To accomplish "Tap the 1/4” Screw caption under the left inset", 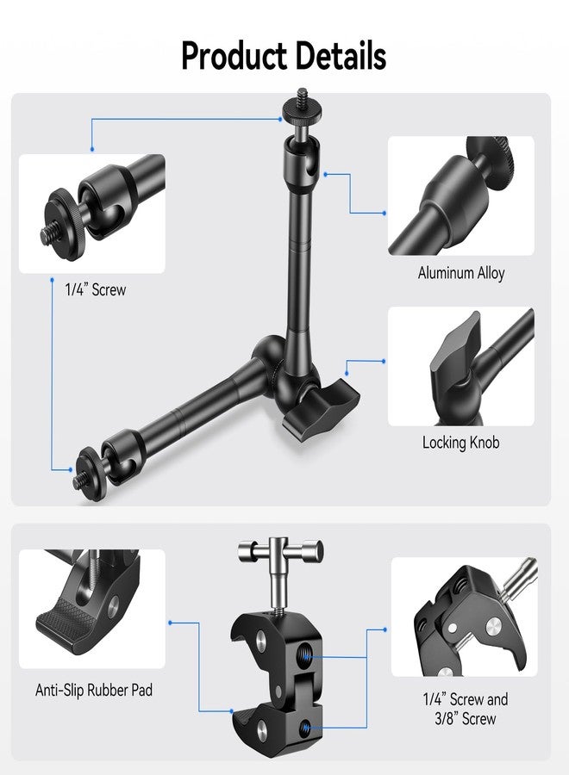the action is tap(96, 289).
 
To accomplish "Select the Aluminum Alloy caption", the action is tap(460, 273).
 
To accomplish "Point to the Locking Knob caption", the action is tap(460, 443).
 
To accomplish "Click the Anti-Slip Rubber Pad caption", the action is tap(93, 690).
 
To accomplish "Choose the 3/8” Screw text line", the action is tap(465, 718).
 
